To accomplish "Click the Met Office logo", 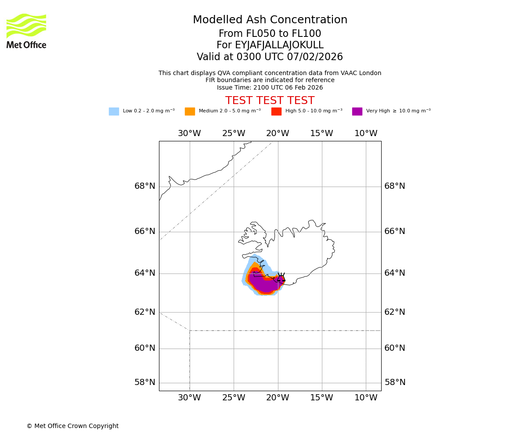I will tap(26, 31).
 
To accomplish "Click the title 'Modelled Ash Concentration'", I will tap(270, 20).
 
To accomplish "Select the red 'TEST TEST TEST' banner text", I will tap(270, 101).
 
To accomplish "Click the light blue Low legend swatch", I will tap(114, 112).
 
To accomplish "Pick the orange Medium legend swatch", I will tap(190, 112).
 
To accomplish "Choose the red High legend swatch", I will tap(276, 112).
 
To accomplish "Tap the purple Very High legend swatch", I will tap(357, 112).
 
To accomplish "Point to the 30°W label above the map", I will tap(189, 133).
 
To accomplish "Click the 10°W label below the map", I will tap(366, 398).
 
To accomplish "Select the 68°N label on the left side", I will tap(145, 186).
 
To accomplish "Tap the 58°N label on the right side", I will tap(395, 382).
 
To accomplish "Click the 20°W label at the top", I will tap(278, 133).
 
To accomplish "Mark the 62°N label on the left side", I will tap(145, 312).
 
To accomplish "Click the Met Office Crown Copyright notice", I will tap(72, 426).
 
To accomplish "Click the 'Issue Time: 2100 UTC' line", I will tap(270, 88).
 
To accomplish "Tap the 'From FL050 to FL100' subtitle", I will tap(270, 34).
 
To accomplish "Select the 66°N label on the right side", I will tap(395, 231).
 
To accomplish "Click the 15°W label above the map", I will tap(321, 133).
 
